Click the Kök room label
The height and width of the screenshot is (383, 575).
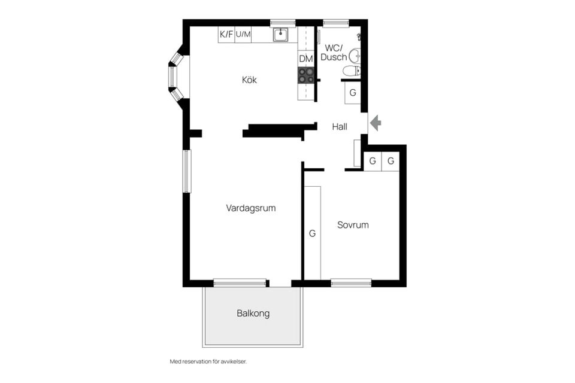[x=249, y=80]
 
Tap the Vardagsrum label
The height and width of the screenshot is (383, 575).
[x=251, y=208]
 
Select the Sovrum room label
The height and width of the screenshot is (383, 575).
[x=353, y=225]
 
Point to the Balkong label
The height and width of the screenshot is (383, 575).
[x=253, y=314]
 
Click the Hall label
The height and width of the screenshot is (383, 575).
[x=340, y=127]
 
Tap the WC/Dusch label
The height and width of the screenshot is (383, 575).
[x=334, y=53]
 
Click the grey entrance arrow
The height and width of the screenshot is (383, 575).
[x=376, y=123]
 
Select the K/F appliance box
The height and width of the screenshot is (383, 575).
[x=226, y=35]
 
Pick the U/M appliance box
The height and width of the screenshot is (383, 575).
[x=243, y=35]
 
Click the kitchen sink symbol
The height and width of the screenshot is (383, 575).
[x=281, y=35]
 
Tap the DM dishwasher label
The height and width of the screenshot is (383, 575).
[x=306, y=59]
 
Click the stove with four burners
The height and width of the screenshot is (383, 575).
[x=306, y=75]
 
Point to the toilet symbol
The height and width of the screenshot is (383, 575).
[x=352, y=71]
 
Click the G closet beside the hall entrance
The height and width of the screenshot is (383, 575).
[x=353, y=93]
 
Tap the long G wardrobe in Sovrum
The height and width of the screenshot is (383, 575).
[x=313, y=233]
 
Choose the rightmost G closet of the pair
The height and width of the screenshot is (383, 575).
[x=391, y=161]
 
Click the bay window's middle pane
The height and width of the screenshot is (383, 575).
[x=172, y=77]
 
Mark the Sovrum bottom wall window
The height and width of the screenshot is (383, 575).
[x=352, y=282]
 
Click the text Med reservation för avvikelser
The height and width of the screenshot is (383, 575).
[x=208, y=361]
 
